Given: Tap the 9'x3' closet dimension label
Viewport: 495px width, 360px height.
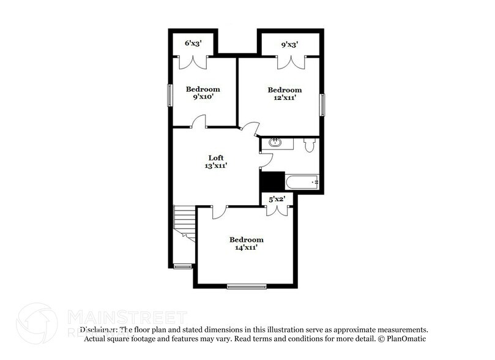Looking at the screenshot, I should click(x=290, y=44).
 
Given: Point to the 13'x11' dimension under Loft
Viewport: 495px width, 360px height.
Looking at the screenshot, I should click(x=216, y=165).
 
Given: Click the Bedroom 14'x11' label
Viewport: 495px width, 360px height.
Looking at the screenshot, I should click(x=246, y=244).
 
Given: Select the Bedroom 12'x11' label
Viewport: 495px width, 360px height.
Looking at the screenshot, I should click(x=285, y=94).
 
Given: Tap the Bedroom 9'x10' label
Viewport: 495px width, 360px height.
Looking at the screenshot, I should click(x=203, y=93).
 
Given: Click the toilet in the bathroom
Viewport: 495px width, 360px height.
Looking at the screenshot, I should click(x=309, y=144).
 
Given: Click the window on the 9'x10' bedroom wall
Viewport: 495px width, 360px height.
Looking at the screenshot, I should click(x=171, y=95).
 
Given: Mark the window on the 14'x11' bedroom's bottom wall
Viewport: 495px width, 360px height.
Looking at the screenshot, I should click(x=247, y=286).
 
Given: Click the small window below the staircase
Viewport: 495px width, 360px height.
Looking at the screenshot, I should click(x=182, y=266).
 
